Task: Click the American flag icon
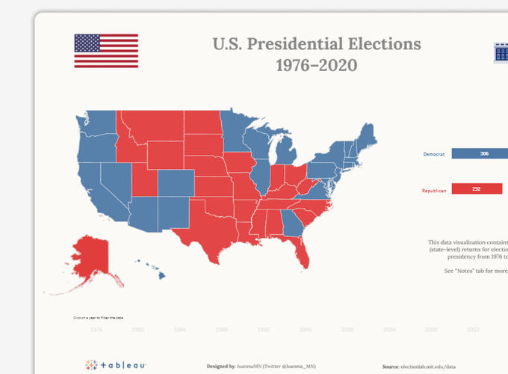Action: pyautogui.click(x=106, y=51)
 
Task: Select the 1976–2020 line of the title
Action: pyautogui.click(x=316, y=65)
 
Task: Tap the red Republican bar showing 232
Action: pyautogui.click(x=477, y=189)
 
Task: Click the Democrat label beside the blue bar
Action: pyautogui.click(x=434, y=154)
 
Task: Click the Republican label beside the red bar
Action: pyautogui.click(x=434, y=190)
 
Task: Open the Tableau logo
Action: pyautogui.click(x=116, y=365)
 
